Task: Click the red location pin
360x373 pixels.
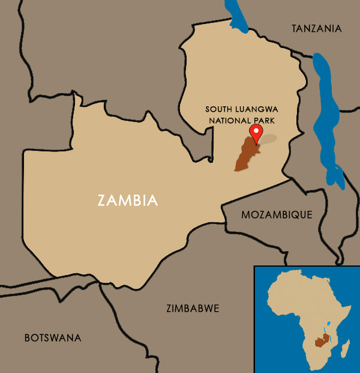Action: click(x=256, y=133)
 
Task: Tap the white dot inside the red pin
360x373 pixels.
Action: click(x=256, y=131)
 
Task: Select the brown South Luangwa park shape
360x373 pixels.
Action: click(x=245, y=155)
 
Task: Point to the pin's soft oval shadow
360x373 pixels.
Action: click(x=268, y=139)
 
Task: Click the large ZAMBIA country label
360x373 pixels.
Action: click(x=128, y=200)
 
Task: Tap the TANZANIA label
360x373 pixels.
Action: click(x=316, y=28)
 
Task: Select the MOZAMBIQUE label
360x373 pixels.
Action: click(x=277, y=214)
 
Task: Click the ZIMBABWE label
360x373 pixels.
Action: click(x=192, y=309)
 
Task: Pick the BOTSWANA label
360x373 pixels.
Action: click(x=53, y=338)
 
